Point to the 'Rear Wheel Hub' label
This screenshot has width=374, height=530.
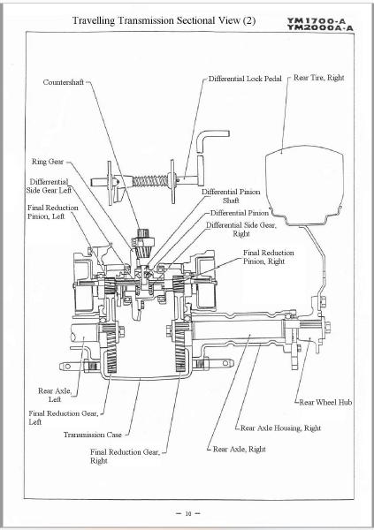click(326, 402)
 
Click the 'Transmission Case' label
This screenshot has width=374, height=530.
click(91, 435)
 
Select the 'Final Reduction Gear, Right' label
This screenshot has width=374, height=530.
click(124, 456)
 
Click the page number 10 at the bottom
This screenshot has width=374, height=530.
click(187, 511)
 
